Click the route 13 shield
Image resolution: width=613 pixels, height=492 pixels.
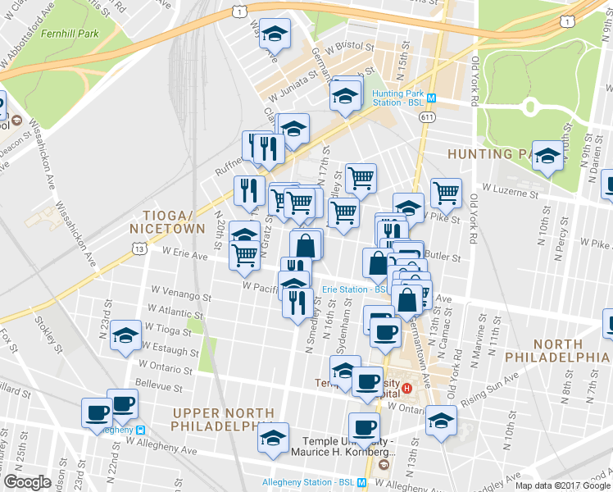click(x=139, y=248)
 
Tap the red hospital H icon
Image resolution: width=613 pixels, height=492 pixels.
click(x=426, y=383)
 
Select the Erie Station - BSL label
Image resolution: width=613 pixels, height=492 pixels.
click(x=354, y=289)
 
